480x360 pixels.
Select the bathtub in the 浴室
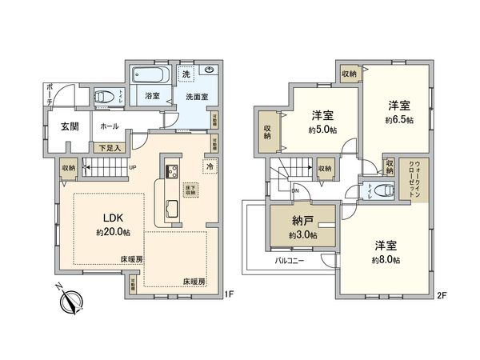150,78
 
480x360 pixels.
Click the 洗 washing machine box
186,74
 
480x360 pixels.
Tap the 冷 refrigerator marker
210,167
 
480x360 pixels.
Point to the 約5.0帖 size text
322,130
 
